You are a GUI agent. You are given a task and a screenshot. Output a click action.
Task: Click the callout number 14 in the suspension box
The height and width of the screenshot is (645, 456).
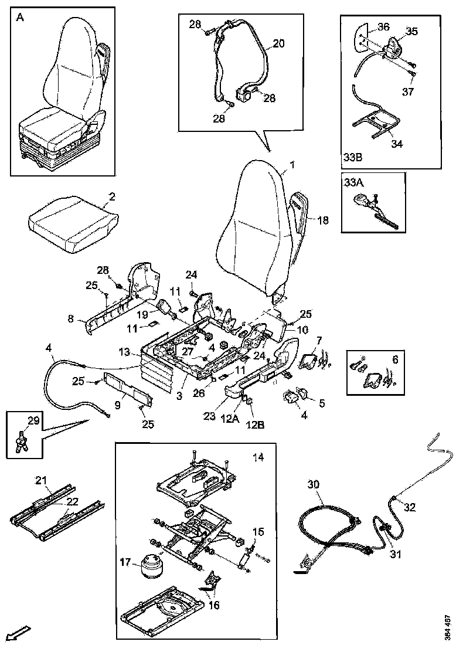click(258, 456)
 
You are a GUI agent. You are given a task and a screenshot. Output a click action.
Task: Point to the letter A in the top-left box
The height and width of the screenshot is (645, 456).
click(20, 18)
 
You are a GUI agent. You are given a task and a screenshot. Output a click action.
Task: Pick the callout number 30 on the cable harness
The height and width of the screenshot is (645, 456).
click(314, 484)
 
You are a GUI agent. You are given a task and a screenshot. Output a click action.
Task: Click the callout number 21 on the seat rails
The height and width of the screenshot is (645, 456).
click(40, 480)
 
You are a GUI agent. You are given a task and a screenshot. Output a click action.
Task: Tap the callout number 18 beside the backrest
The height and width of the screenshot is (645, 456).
click(324, 220)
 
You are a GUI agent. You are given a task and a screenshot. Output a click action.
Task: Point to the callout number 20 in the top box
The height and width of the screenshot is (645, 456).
click(279, 43)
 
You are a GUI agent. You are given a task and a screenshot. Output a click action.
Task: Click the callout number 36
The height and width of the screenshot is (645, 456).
click(383, 26)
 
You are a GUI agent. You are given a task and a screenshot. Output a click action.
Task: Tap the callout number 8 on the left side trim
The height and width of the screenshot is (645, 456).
click(71, 319)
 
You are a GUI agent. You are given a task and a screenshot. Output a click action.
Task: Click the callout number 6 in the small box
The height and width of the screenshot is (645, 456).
click(394, 358)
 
